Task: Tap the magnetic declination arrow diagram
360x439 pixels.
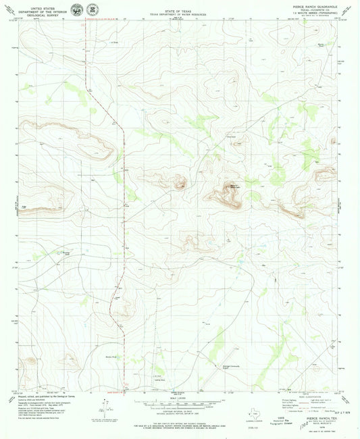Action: [101, 405]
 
